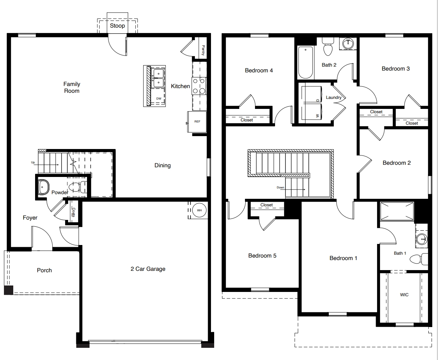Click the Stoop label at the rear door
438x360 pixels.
(117, 26)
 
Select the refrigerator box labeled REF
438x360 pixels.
(197, 122)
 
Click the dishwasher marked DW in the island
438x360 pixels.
(158, 99)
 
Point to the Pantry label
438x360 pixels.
(203, 50)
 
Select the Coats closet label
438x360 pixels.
(74, 212)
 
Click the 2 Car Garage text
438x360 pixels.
(148, 269)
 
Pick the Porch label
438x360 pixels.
(44, 270)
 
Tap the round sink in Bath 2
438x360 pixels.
(347, 44)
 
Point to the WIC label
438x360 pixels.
(404, 295)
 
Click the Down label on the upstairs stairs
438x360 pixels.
(280, 187)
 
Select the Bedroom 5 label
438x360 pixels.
(262, 255)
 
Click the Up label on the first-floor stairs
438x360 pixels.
(33, 163)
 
